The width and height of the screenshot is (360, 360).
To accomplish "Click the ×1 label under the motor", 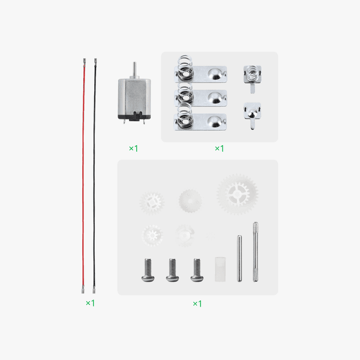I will pos(133,148).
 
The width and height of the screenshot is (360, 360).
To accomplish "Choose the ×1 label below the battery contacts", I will pos(219,148).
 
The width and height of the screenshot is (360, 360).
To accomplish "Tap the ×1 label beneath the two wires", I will pos(90,303).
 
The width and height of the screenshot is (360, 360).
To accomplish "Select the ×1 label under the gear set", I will pos(197,304).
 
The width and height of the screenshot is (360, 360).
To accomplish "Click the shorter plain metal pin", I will pos(239,258).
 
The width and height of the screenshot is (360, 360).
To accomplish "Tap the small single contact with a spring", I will pos(251,76).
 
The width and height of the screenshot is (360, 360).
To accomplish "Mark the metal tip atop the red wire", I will pos(85,62).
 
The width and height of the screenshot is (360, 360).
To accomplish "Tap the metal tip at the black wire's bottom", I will pos(95,289).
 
